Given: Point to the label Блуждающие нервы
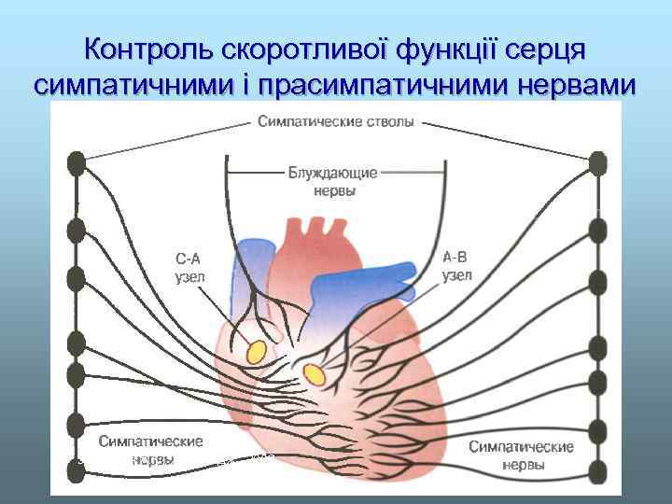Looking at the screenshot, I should point(333,181).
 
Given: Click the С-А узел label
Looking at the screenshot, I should point(189,267).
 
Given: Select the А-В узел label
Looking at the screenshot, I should point(457,267).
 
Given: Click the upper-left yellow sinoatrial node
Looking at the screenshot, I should point(254,351).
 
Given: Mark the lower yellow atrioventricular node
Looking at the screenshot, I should point(315,374).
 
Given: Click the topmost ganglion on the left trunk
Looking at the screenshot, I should point(76,163).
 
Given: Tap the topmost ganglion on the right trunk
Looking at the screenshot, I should point(598,164).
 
